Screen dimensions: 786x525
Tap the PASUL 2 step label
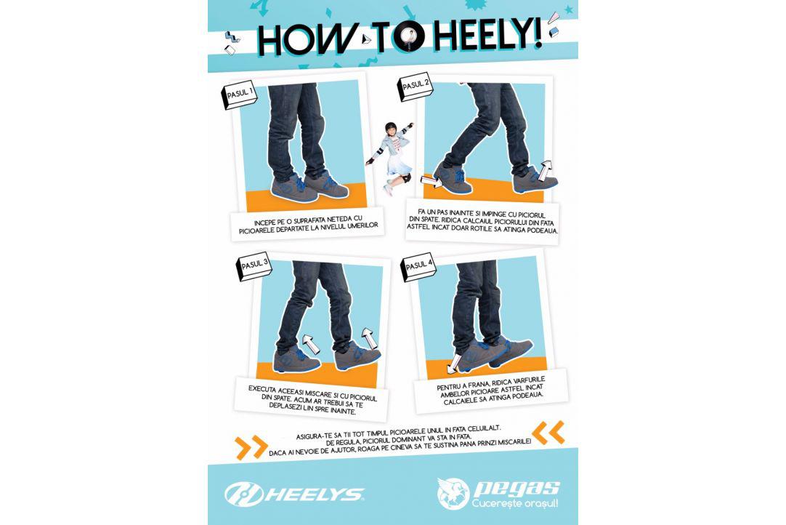click(x=415, y=87)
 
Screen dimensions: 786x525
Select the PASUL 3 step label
click(x=254, y=266)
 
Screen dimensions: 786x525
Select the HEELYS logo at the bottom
click(x=294, y=494)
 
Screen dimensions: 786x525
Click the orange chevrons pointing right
click(x=251, y=447)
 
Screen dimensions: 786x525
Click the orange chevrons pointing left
click(x=549, y=433)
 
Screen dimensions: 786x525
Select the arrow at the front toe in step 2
click(x=431, y=180)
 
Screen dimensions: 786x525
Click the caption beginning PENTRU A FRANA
click(x=491, y=390)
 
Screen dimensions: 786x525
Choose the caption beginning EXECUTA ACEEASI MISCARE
click(x=312, y=399)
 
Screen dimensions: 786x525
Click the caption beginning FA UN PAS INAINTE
click(x=482, y=223)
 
